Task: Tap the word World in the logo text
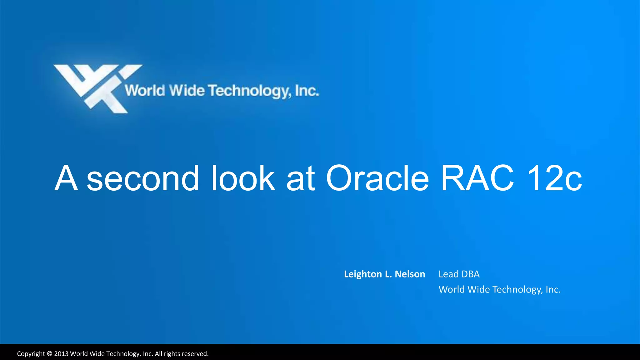(x=145, y=91)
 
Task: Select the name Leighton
(x=362, y=274)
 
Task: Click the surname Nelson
(x=410, y=274)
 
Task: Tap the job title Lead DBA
(x=459, y=274)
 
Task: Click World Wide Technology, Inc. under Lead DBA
(x=499, y=289)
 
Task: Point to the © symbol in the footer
(x=49, y=354)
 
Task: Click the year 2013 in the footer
(x=61, y=354)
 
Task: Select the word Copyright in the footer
(x=31, y=354)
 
